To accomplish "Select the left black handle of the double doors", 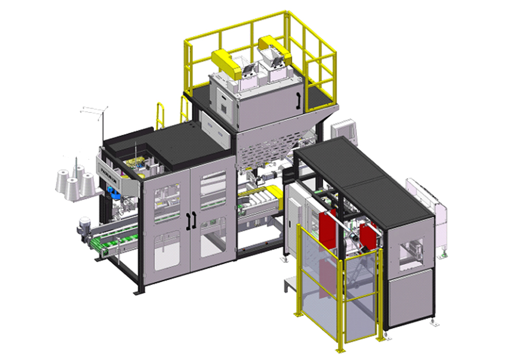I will click(x=187, y=220).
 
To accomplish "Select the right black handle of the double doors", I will click(x=194, y=219).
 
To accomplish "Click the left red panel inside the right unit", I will click(x=327, y=226).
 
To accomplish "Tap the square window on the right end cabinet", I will click(x=411, y=252).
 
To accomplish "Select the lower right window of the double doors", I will click(x=212, y=237).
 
